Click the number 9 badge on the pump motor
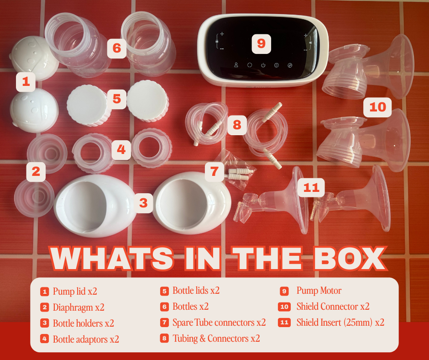pyautogui.click(x=262, y=43)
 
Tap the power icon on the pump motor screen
pyautogui.click(x=263, y=65)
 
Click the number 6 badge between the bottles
pyautogui.click(x=117, y=48)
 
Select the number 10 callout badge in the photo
pyautogui.click(x=377, y=107)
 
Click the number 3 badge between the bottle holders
pyautogui.click(x=143, y=203)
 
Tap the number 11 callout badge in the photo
pyautogui.click(x=311, y=188)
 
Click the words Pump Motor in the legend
pyautogui.click(x=319, y=291)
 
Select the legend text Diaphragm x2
pyautogui.click(x=78, y=307)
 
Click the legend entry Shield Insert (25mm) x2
pyautogui.click(x=340, y=323)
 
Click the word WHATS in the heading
pyautogui.click(x=111, y=259)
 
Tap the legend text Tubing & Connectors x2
pyautogui.click(x=216, y=339)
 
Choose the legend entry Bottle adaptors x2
pyautogui.click(x=86, y=339)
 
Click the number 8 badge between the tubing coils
pyautogui.click(x=237, y=125)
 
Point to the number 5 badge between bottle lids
pyautogui.click(x=117, y=99)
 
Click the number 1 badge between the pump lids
pyautogui.click(x=26, y=82)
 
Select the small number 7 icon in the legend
pyautogui.click(x=164, y=323)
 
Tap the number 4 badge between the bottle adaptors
pyautogui.click(x=121, y=150)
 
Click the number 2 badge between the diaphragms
pyautogui.click(x=36, y=172)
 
